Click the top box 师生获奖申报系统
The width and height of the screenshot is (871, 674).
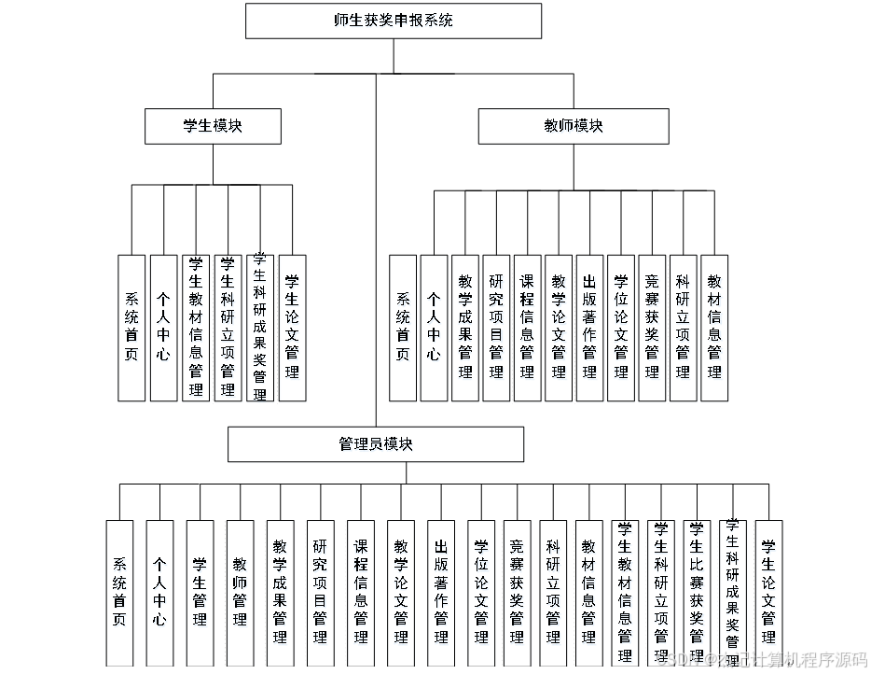393,21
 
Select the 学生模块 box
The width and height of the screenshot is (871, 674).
213,126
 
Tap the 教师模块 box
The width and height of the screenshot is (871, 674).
574,126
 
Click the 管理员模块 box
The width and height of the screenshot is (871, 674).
376,443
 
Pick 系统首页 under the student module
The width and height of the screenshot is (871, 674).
131,328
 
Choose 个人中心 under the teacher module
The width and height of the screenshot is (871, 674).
434,328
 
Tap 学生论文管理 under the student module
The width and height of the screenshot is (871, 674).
292,328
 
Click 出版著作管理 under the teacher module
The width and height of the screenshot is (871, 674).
589,328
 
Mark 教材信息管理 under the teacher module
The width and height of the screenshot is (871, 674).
714,328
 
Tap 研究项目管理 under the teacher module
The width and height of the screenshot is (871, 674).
496,328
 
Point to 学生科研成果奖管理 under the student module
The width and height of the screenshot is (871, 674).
260,328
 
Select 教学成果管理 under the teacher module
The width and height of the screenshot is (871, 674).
465,328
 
